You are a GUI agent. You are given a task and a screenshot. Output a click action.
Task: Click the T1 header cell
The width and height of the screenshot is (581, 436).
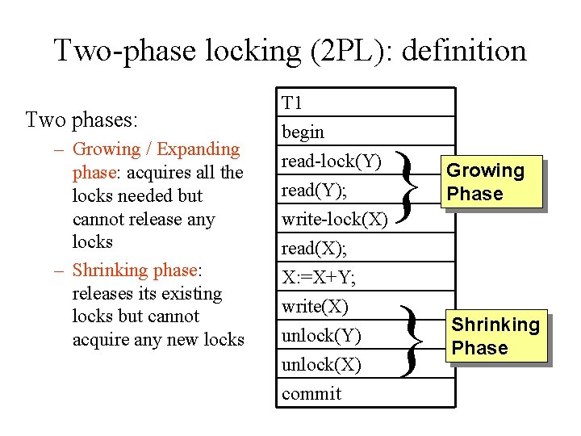point(291,103)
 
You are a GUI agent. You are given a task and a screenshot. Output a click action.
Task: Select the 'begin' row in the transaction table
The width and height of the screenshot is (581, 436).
point(303,132)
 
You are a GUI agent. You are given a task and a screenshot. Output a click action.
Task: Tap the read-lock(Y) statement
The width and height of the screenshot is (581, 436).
point(331,161)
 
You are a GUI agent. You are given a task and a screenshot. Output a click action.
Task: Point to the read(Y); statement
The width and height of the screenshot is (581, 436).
point(311,190)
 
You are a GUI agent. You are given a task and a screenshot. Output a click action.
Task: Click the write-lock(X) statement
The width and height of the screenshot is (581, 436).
point(334,219)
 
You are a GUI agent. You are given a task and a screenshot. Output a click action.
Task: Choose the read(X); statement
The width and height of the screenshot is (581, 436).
point(311,248)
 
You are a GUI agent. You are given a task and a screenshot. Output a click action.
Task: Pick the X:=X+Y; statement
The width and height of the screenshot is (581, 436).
point(319,278)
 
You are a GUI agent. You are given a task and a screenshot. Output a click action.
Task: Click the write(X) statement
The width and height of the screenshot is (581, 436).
point(315,307)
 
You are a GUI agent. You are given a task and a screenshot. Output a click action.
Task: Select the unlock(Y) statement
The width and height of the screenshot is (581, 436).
point(321,336)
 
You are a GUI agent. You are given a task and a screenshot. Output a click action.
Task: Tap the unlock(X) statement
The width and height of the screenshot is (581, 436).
point(321,365)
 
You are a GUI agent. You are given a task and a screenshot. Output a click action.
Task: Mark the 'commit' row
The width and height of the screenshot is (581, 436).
point(311,394)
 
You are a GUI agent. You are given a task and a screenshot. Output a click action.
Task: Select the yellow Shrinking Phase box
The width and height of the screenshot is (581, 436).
point(495,336)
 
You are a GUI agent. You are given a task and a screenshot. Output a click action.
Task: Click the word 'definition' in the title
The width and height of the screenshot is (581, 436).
point(463,51)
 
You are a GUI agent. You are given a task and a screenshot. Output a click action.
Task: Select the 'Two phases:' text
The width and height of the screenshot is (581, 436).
point(82,120)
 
